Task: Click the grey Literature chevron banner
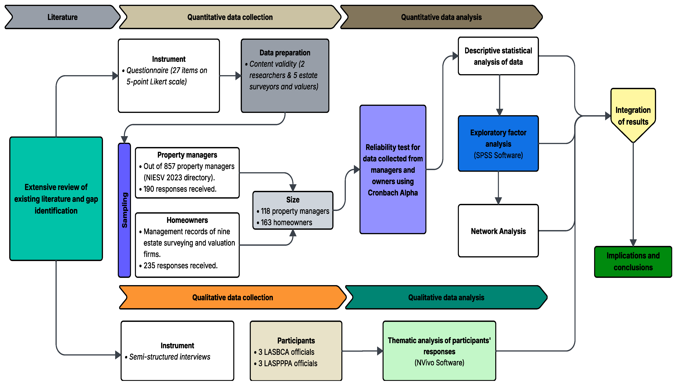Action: [62, 17]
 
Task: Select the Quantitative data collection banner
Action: [230, 17]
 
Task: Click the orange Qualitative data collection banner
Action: [232, 297]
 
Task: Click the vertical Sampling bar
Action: [124, 210]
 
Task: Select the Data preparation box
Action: [285, 76]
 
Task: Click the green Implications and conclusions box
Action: [633, 261]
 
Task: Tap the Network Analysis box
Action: [498, 231]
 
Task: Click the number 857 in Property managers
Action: [170, 166]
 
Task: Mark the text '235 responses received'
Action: [180, 266]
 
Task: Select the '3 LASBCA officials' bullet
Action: [286, 352]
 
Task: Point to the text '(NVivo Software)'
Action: [439, 363]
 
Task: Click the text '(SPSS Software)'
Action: [498, 155]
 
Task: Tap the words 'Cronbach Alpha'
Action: [393, 193]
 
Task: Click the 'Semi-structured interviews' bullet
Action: [170, 357]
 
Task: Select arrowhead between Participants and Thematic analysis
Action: [380, 351]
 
